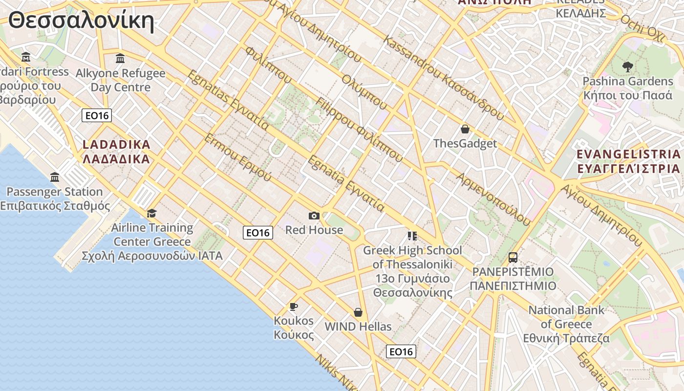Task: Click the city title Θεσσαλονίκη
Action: point(81,21)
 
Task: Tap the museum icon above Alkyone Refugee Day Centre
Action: point(120,59)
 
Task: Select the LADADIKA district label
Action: point(116,152)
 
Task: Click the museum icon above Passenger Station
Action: point(55,177)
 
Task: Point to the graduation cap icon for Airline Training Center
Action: point(152,213)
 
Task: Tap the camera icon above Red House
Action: point(314,216)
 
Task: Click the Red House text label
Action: point(314,230)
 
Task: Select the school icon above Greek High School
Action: point(412,236)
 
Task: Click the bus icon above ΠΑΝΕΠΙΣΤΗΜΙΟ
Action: point(513,257)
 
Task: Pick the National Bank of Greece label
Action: point(566,324)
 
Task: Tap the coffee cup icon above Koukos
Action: point(293,306)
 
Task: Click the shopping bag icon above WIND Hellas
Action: point(358,312)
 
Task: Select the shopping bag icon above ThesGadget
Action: point(465,129)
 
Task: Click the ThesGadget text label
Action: point(465,143)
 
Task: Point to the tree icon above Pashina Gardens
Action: point(627,66)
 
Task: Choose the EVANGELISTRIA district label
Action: point(628,161)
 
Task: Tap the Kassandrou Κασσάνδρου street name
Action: point(444,78)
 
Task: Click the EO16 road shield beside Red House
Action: point(257,233)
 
